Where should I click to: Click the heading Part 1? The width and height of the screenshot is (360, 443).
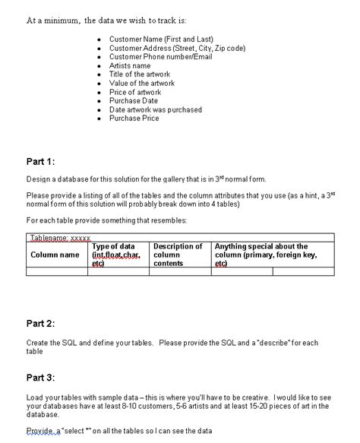tap(41, 161)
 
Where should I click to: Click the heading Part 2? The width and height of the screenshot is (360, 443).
tap(41, 323)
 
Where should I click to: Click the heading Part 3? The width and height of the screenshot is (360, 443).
tap(41, 377)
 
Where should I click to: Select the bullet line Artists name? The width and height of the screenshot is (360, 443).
tap(130, 66)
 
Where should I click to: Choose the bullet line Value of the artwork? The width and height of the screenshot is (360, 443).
tap(142, 84)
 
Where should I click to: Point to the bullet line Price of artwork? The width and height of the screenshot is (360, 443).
tap(135, 92)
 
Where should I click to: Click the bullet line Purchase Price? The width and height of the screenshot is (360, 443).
tap(134, 119)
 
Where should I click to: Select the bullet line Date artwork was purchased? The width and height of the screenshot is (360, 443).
tap(156, 109)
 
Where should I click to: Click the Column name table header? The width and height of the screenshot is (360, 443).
tap(55, 255)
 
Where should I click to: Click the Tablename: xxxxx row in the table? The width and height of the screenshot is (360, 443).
tap(60, 238)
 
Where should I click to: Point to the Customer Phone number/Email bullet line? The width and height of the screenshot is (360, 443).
tap(161, 57)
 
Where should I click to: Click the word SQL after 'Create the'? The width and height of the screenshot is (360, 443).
tap(71, 343)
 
